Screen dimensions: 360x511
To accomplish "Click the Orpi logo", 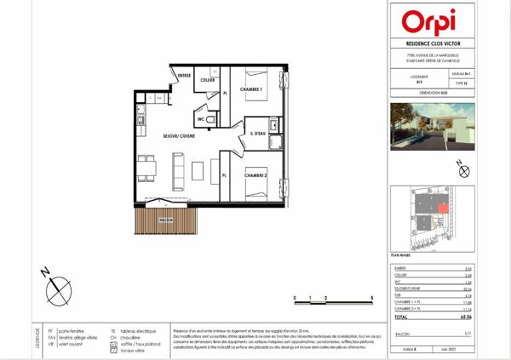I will pyautogui.click(x=430, y=21).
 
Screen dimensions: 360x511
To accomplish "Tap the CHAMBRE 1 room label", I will pyautogui.click(x=250, y=89).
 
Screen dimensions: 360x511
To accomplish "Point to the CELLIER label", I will pyautogui.click(x=206, y=81).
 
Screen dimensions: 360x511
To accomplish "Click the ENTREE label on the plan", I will pyautogui.click(x=183, y=77).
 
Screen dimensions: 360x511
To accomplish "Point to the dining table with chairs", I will pyautogui.click(x=146, y=168).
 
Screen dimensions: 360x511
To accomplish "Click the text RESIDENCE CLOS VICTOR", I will pyautogui.click(x=430, y=44).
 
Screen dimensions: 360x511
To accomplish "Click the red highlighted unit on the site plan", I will pyautogui.click(x=442, y=208).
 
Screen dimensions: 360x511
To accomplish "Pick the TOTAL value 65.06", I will pyautogui.click(x=456, y=316).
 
